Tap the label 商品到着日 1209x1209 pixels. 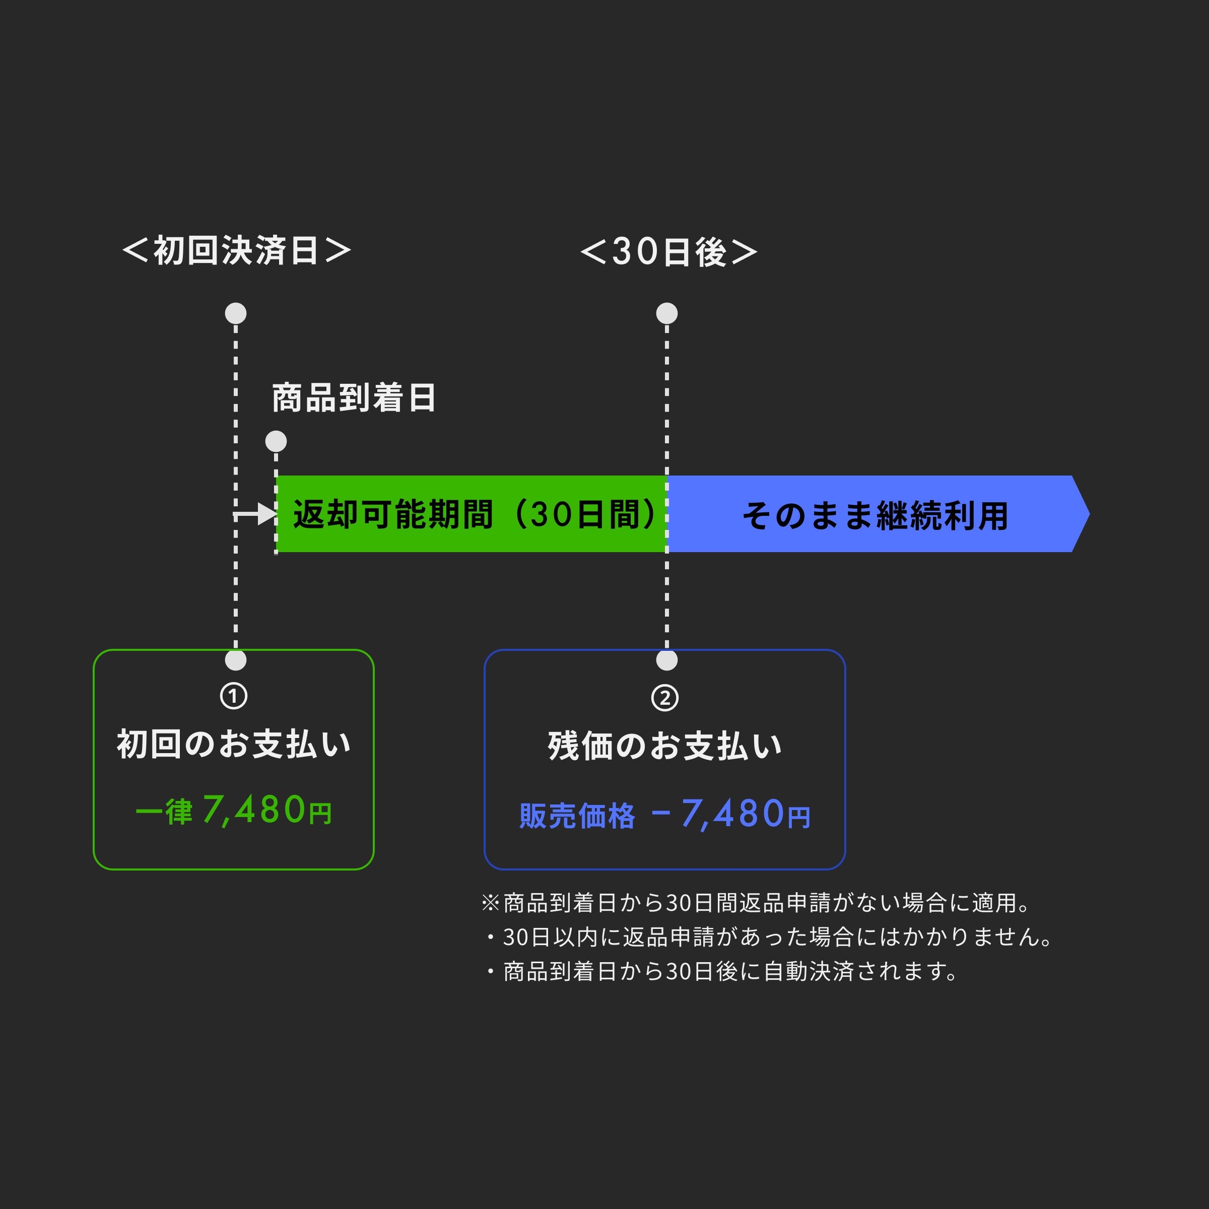point(354,398)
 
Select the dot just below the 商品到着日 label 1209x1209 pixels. point(276,441)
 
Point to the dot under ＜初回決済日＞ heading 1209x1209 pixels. point(236,313)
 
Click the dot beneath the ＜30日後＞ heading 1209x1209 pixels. point(667,313)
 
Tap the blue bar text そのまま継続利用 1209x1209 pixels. point(875,516)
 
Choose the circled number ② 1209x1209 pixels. point(664,698)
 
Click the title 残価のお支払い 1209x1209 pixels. point(664,746)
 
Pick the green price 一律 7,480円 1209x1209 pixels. point(233,811)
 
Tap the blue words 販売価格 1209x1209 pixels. point(576,816)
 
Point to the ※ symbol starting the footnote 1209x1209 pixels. point(490,903)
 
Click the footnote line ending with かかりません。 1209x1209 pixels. point(768,937)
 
